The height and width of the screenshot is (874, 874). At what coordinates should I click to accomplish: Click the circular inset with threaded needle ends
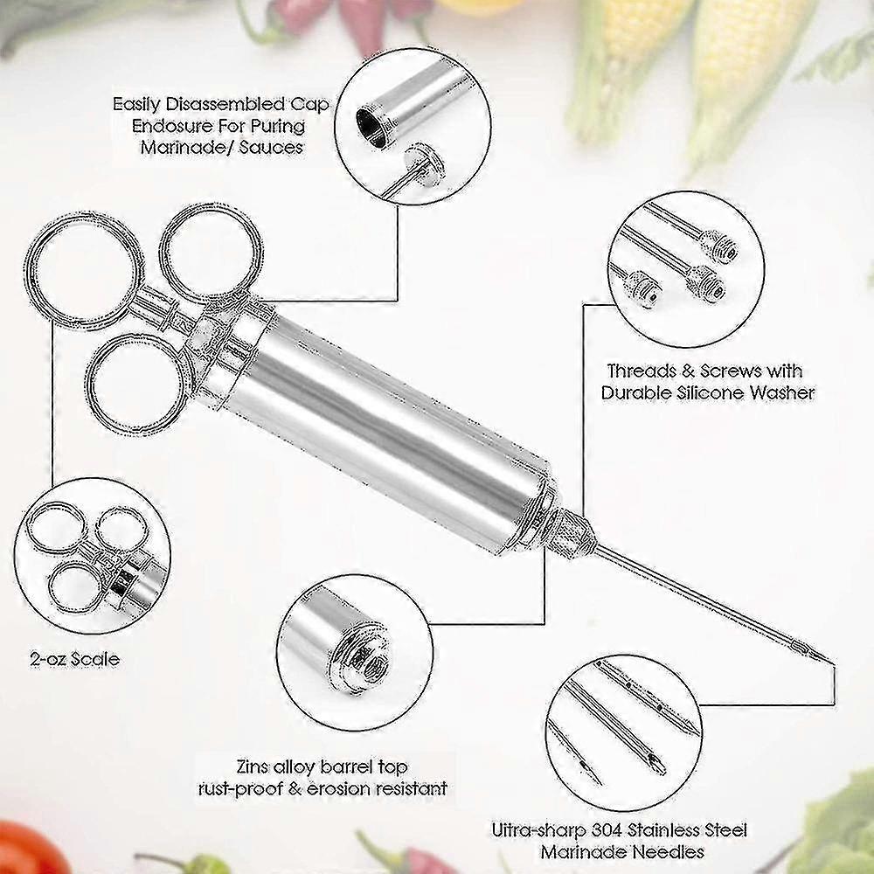[x=682, y=261]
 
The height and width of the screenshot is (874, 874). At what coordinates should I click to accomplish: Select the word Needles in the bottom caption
[x=670, y=851]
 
